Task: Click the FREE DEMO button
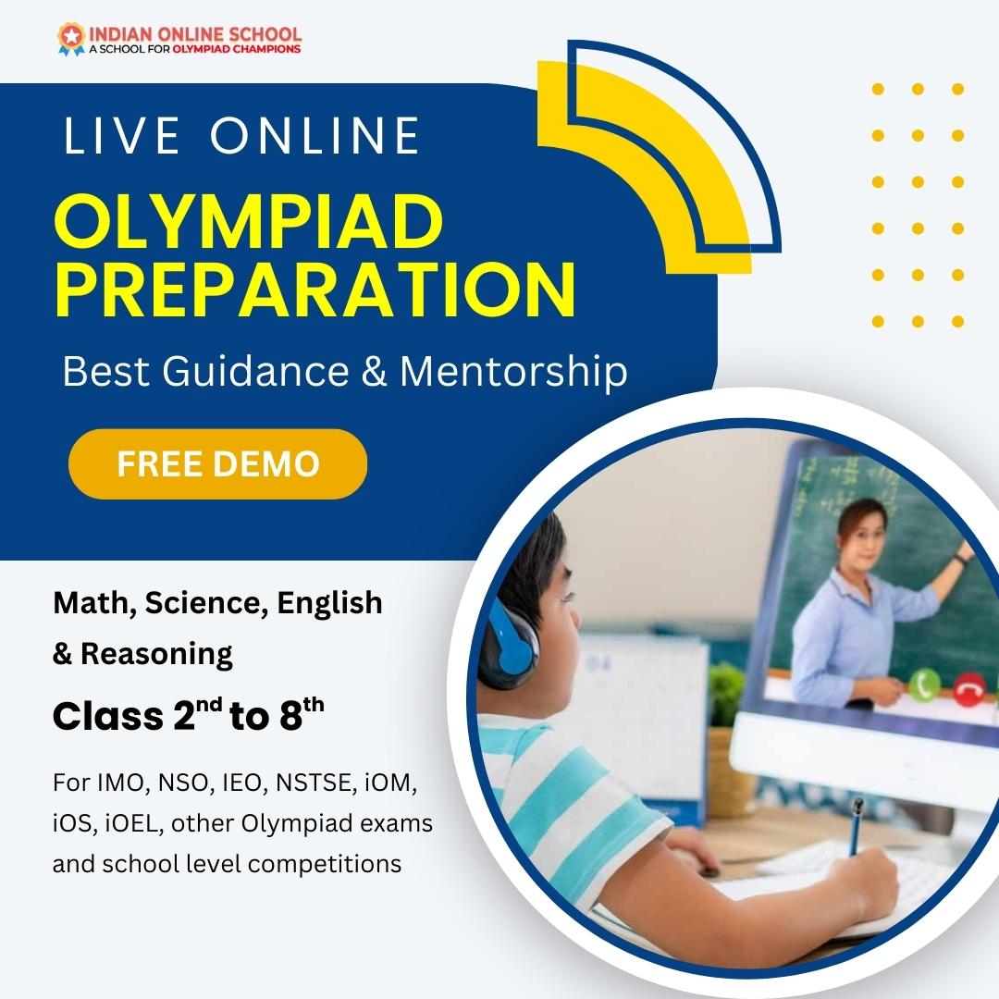tap(217, 463)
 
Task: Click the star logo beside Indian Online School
tap(69, 37)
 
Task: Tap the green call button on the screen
tap(922, 685)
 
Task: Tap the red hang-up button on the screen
tap(968, 691)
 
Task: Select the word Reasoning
tap(156, 654)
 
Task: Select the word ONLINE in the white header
tap(314, 135)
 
